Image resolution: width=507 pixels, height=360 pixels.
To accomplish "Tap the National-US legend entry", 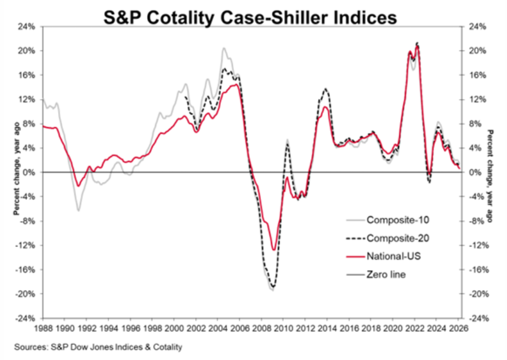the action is [383, 256].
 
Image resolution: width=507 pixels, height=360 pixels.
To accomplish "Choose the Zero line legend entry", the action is [376, 274].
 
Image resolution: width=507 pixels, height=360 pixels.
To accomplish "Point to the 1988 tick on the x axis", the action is [43, 328].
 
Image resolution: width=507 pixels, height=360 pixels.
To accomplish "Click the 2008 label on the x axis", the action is [261, 328].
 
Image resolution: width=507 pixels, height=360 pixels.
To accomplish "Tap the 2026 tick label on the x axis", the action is [458, 328].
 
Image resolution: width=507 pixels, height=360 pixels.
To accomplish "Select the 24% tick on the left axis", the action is [26, 26].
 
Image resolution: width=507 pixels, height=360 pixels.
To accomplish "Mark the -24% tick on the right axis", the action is [477, 318].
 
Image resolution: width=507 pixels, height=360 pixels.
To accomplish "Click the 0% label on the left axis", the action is [29, 172].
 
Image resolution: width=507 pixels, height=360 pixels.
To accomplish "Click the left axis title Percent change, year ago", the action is [16, 168].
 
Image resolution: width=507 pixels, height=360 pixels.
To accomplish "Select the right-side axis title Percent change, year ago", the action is [491, 176].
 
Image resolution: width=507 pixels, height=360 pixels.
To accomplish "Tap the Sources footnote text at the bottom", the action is [98, 347].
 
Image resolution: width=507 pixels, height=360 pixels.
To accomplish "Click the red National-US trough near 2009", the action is [274, 250].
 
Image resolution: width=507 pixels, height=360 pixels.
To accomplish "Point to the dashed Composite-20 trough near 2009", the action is [273, 287].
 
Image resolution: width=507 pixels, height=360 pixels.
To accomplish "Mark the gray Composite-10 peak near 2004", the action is [224, 48].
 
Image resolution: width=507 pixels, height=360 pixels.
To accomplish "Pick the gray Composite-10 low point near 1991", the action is [79, 210].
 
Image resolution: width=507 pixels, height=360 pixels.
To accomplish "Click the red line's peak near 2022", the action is [417, 46].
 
